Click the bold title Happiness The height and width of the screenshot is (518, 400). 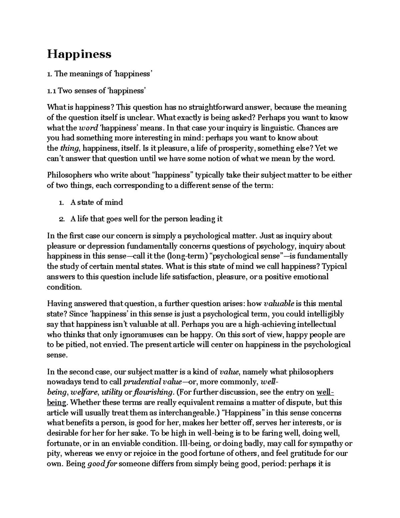[x=79, y=54]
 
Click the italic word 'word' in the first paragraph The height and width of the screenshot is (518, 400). [x=88, y=128]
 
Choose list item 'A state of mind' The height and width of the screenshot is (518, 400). [x=96, y=202]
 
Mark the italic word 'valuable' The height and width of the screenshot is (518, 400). [x=279, y=304]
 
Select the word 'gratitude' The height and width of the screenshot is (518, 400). [x=306, y=454]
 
